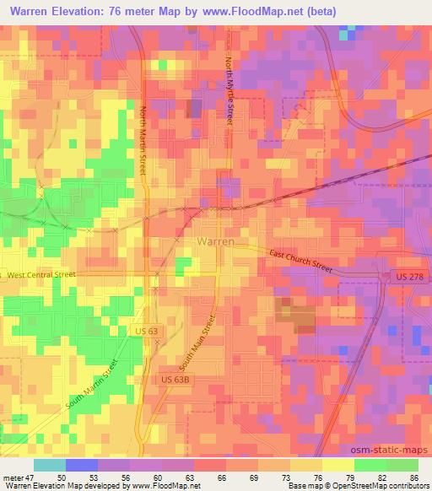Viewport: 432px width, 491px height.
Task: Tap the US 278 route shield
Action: pyautogui.click(x=397, y=277)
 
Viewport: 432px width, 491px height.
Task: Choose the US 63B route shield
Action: pyautogui.click(x=175, y=380)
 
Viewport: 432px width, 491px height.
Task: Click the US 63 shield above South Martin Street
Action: pyautogui.click(x=146, y=332)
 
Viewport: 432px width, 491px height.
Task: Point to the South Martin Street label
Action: pyautogui.click(x=88, y=386)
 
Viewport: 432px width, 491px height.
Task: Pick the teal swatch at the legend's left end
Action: pyautogui.click(x=50, y=465)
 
